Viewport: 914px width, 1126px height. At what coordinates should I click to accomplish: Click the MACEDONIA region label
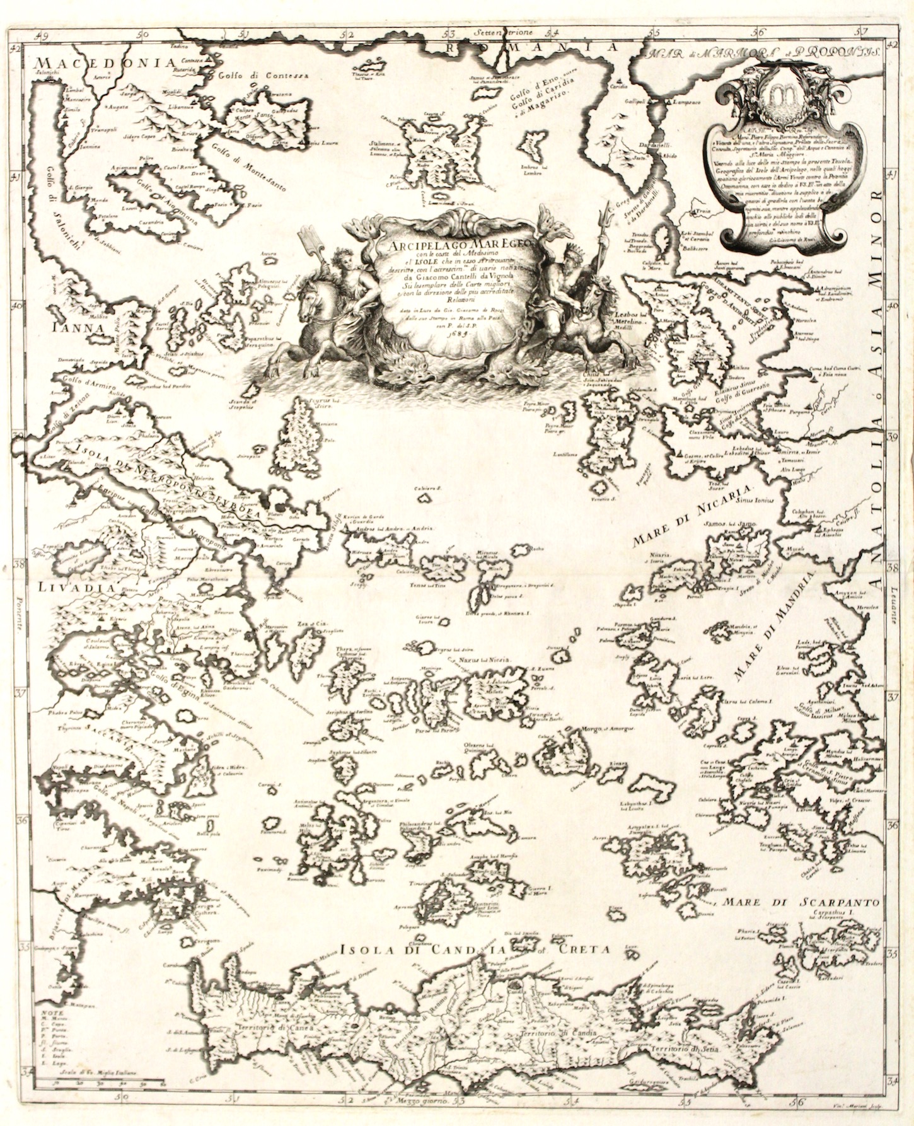[105, 62]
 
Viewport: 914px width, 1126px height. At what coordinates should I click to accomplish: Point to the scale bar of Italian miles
[100, 1082]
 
